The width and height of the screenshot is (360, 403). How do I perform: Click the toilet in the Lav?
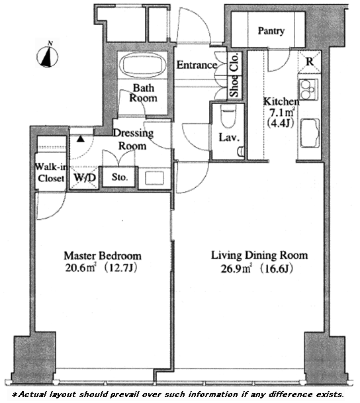point(228,116)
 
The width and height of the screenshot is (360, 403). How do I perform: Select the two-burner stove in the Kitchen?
point(308,89)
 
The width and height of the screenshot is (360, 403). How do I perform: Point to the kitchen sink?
point(310,133)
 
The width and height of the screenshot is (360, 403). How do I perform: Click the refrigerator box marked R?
point(310,62)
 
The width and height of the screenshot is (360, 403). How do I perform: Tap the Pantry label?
point(271,31)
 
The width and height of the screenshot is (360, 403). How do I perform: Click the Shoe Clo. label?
point(234,75)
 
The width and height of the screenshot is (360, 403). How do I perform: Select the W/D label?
point(85,177)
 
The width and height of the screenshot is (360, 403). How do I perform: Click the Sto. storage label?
point(120,177)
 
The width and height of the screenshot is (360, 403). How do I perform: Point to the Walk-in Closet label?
point(51,173)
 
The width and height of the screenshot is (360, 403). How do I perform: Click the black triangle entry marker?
point(81,140)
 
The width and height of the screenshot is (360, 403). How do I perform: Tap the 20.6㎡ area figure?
point(81,268)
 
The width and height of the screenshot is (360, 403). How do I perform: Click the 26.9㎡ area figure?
point(236,269)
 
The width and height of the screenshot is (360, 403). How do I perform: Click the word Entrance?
point(197,65)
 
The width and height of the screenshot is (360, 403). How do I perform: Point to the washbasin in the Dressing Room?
point(154,178)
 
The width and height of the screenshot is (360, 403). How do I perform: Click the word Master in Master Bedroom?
point(80,255)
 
